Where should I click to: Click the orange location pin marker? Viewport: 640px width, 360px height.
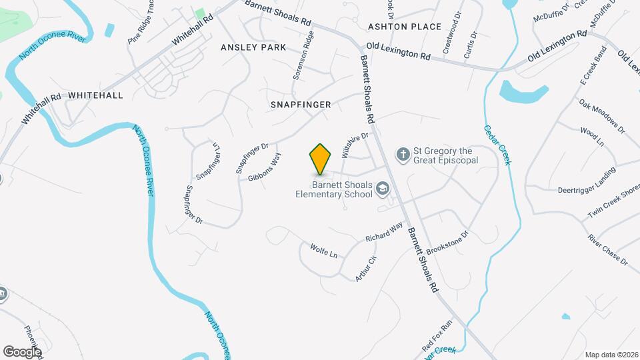point(320,159)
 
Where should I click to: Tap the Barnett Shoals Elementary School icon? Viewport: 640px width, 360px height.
point(383,190)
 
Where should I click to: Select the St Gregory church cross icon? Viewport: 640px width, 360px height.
point(403,155)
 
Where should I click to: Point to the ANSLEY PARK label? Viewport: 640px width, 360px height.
point(253,47)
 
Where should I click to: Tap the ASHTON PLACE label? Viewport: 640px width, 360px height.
point(405,27)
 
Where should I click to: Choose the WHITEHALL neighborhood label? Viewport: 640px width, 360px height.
point(95,95)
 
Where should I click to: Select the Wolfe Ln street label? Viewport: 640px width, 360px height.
point(324,251)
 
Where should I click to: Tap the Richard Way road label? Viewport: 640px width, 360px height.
point(385,233)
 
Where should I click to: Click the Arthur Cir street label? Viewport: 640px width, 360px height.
point(366,268)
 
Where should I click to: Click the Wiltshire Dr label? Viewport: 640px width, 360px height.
point(355,145)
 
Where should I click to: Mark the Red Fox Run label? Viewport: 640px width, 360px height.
point(437,336)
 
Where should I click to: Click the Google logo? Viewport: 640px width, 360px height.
point(22,351)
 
